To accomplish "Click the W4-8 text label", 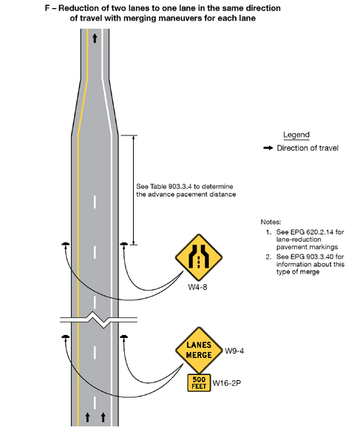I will click(196, 287).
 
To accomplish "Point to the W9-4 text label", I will click(235, 350).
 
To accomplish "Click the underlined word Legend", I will click(296, 135).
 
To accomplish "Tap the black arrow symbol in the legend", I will click(268, 148).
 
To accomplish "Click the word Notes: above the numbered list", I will click(272, 222).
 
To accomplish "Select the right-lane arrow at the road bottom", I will click(103, 417).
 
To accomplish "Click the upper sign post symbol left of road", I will click(66, 244).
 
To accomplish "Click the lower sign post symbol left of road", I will click(66, 337).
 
